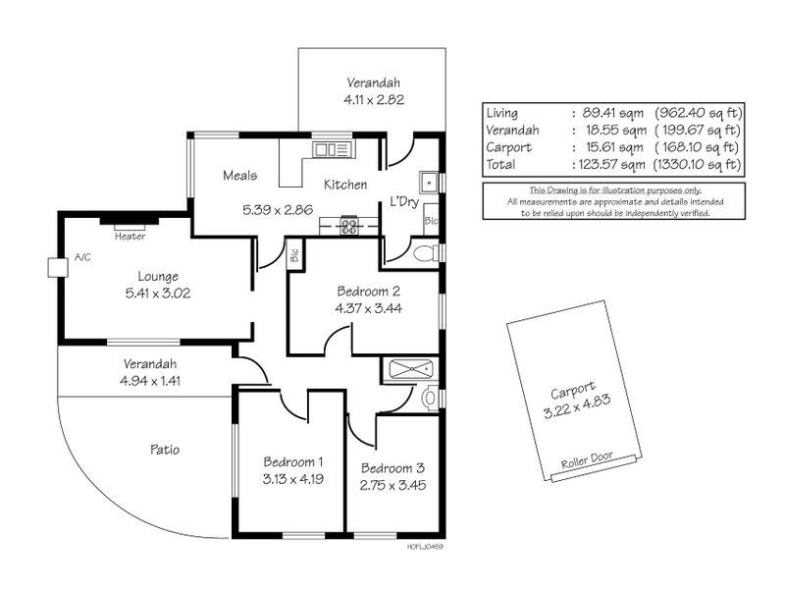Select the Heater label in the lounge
click(130, 236)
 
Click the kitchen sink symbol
click(331, 149)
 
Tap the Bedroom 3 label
click(391, 467)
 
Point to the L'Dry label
click(405, 200)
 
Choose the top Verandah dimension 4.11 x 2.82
click(374, 99)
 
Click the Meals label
click(239, 176)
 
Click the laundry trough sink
click(431, 183)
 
